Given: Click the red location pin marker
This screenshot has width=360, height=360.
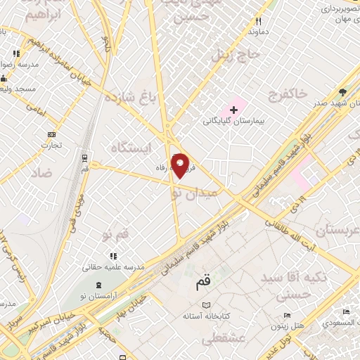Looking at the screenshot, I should coord(181,165).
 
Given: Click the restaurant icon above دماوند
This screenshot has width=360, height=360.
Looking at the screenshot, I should coord(258,22).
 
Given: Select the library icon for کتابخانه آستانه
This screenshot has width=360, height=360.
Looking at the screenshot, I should coord(206,305).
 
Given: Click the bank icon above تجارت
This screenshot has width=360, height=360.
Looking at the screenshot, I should coord(51,134).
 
